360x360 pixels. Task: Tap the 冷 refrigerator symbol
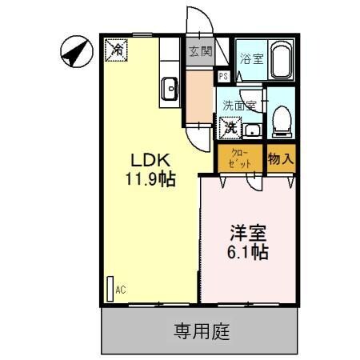tap(117, 50)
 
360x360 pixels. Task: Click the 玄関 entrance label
tap(200, 52)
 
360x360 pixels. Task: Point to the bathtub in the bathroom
tap(281, 62)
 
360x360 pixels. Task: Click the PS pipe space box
tap(224, 76)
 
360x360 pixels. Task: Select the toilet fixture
tap(281, 119)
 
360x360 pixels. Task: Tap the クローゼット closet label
tap(239, 158)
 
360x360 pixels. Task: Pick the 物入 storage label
tap(281, 158)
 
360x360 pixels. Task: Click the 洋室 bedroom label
tap(249, 233)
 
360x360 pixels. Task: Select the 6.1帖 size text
tap(249, 251)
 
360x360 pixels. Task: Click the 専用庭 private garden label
tap(202, 329)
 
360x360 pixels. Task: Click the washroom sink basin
tap(252, 130)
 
